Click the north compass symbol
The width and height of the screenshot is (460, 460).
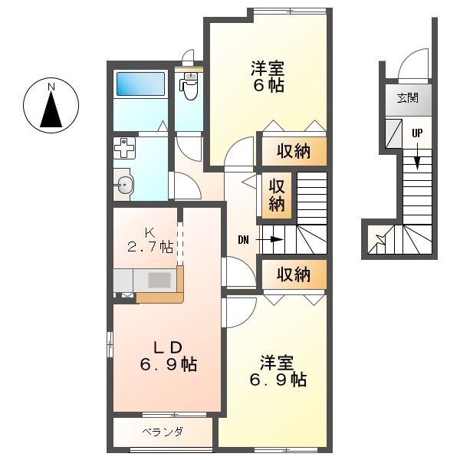tap(51, 107)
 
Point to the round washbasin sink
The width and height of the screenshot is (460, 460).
tap(124, 183)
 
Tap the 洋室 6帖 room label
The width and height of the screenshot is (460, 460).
tap(268, 77)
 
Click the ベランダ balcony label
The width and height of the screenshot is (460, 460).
tap(163, 432)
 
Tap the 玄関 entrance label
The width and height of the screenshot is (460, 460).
tap(407, 97)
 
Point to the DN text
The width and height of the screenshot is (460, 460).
tap(243, 240)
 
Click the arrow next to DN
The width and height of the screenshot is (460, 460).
tap(270, 240)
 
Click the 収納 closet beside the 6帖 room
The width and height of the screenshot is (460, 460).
tap(293, 151)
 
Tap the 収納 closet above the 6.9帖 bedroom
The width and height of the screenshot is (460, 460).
tap(293, 273)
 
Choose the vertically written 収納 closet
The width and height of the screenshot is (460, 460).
tap(277, 195)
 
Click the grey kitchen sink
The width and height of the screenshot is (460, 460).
tap(159, 280)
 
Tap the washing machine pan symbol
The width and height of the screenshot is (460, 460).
tap(124, 147)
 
